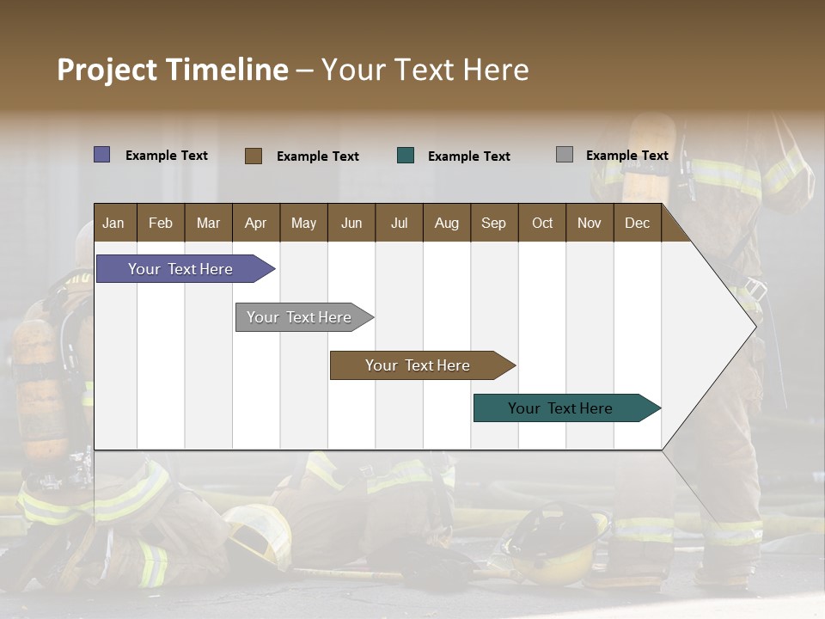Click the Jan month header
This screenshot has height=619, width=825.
(x=114, y=223)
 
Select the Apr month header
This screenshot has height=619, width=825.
(x=256, y=223)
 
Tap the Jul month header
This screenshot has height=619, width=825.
(x=399, y=223)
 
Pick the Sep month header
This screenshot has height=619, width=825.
(x=494, y=223)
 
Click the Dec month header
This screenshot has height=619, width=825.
(x=637, y=223)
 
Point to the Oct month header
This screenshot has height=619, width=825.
(x=542, y=223)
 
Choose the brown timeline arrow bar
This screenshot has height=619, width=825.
(x=419, y=365)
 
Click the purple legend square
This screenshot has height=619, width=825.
(x=101, y=155)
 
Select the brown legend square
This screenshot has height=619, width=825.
(x=254, y=156)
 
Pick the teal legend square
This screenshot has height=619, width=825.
(x=406, y=156)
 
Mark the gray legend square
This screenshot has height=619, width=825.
(x=565, y=155)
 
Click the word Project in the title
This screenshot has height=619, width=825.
(x=107, y=70)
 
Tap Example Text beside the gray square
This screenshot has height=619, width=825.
(x=626, y=156)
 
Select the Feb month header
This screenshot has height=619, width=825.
(x=161, y=223)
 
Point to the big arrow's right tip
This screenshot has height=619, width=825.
(x=755, y=325)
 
